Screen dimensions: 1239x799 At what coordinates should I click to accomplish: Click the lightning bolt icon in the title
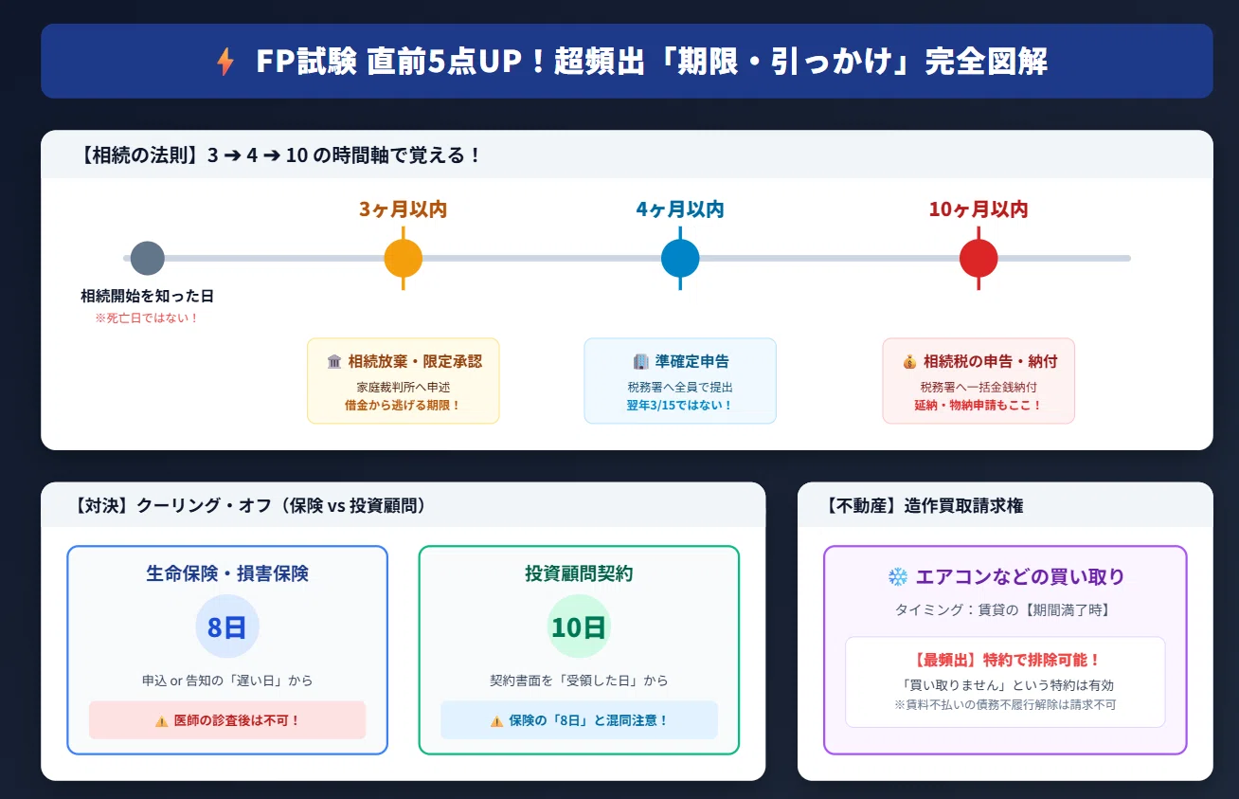point(225,61)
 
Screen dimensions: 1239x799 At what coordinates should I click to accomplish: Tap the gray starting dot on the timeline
point(147,258)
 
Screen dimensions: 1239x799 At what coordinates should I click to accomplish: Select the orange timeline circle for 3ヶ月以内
point(404,258)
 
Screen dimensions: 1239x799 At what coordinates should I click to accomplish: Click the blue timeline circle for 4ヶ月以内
point(680,258)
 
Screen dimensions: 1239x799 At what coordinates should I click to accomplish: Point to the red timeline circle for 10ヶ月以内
point(979,258)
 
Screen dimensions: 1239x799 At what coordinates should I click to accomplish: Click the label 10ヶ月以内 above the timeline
point(979,209)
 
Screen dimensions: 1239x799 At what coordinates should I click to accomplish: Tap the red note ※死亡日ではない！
point(147,318)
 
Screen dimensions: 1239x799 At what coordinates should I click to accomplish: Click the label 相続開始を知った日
point(147,296)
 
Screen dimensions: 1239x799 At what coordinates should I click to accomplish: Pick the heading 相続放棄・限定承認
point(415,361)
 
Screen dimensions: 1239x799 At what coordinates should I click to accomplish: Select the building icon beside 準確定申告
point(640,361)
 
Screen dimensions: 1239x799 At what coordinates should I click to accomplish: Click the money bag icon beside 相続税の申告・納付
point(909,362)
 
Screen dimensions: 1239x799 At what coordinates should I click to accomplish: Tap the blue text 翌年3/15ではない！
point(680,405)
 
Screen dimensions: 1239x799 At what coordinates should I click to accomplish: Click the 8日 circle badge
point(226,626)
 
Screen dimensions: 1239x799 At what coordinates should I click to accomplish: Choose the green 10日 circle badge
point(579,626)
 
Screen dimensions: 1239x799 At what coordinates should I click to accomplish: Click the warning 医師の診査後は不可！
point(227,720)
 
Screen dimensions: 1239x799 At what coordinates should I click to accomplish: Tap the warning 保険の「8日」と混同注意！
point(579,720)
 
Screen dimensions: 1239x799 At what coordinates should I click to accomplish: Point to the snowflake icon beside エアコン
point(898,577)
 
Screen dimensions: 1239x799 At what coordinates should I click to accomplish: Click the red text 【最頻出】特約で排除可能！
point(1005,660)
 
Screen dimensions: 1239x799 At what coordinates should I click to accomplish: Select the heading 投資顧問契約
point(579,573)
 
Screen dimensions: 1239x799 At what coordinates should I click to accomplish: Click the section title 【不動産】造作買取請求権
point(924,506)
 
